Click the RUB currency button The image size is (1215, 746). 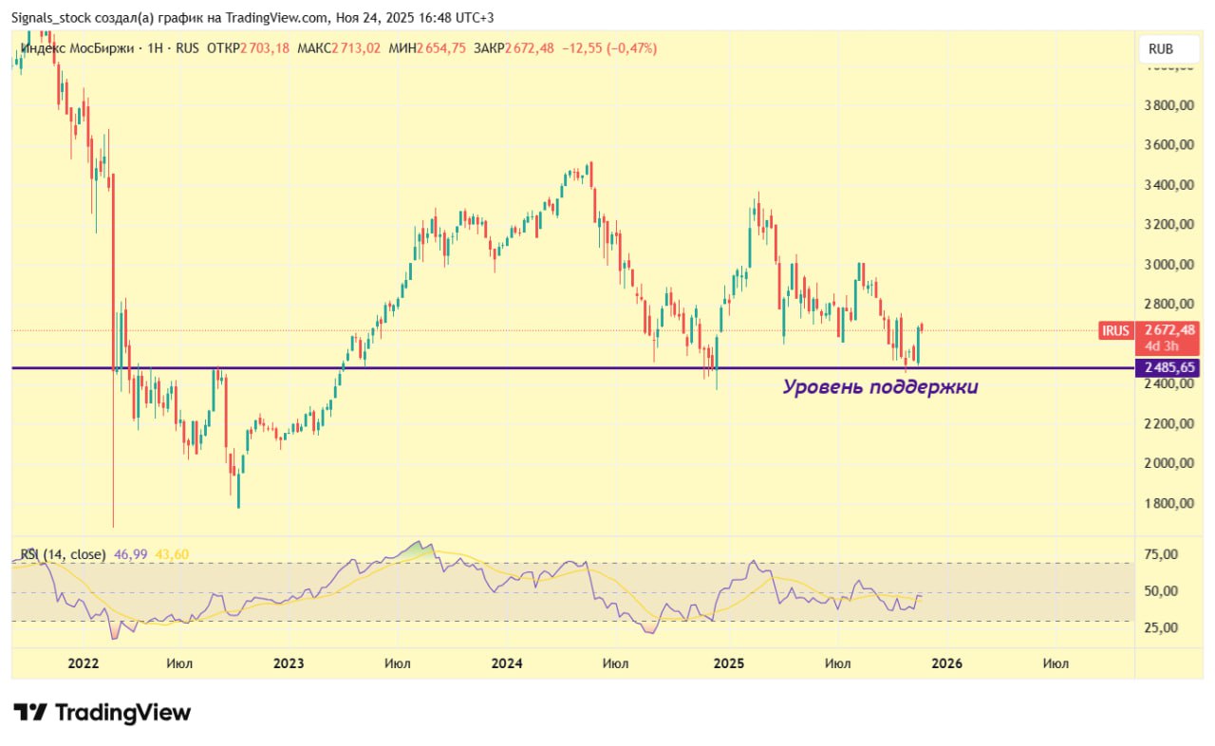click(1160, 48)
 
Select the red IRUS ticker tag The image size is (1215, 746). click(1115, 330)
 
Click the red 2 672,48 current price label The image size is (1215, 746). click(1170, 329)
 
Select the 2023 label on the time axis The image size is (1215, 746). click(288, 663)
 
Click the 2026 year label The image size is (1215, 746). click(946, 663)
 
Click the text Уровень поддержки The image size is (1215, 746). click(880, 387)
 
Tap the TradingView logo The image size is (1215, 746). click(103, 713)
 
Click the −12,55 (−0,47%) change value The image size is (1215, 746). click(608, 48)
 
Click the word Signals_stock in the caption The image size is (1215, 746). click(52, 18)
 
